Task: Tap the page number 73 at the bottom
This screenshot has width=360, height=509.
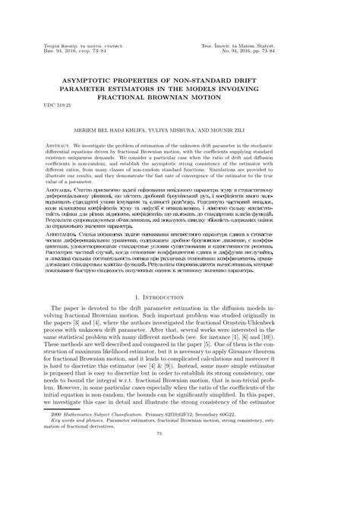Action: click(180, 497)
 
